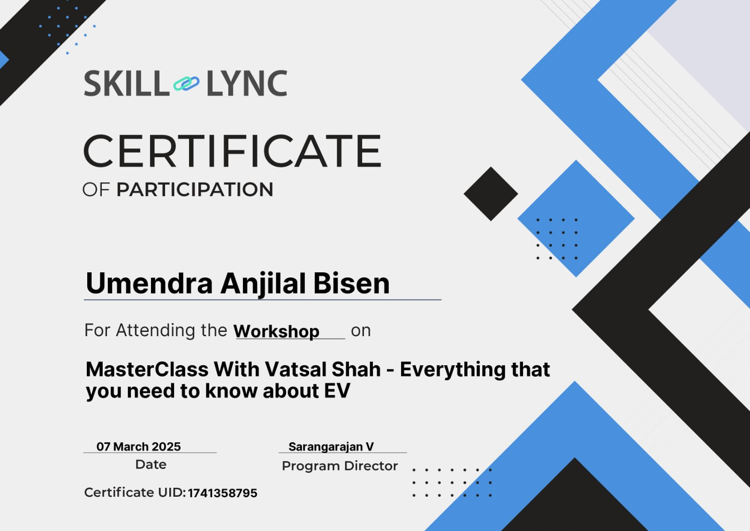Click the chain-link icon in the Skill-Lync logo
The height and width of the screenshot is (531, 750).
click(x=186, y=84)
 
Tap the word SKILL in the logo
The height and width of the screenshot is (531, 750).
click(x=127, y=84)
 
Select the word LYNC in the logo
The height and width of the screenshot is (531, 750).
click(x=247, y=84)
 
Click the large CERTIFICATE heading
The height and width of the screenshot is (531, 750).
click(x=232, y=151)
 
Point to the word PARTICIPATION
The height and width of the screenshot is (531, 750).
click(x=195, y=189)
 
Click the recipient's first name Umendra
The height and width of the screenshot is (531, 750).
click(x=149, y=283)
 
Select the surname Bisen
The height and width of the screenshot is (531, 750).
click(x=351, y=283)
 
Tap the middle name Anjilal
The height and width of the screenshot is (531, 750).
click(x=263, y=284)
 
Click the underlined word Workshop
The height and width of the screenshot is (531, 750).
click(x=276, y=331)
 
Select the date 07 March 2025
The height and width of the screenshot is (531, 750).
click(x=139, y=446)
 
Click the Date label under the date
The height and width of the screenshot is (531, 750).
click(x=151, y=465)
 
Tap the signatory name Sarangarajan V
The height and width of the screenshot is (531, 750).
click(x=331, y=447)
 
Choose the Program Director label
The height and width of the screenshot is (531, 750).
click(x=340, y=466)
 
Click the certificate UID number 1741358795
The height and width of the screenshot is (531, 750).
click(x=222, y=493)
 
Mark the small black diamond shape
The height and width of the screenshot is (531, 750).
click(x=491, y=194)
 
